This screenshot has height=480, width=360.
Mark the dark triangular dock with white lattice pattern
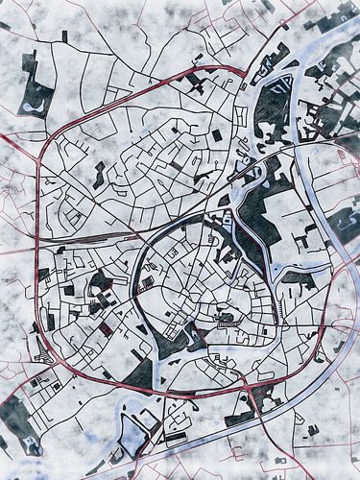coord(273,97)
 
